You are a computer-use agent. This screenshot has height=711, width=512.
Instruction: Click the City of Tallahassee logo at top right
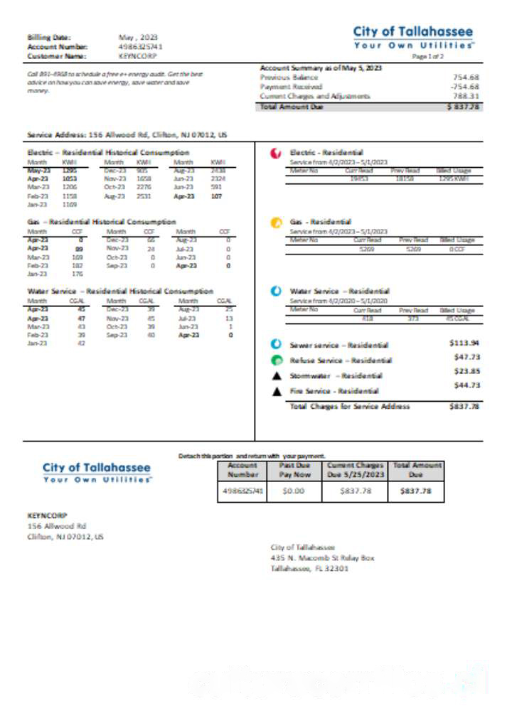pyautogui.click(x=412, y=37)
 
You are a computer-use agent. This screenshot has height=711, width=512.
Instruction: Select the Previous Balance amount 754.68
pyautogui.click(x=466, y=77)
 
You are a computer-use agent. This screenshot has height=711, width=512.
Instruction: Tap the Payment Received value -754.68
pyautogui.click(x=464, y=87)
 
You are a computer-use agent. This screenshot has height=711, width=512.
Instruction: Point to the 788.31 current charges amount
pyautogui.click(x=466, y=96)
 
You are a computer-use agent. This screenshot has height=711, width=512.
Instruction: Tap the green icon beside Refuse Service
pyautogui.click(x=277, y=360)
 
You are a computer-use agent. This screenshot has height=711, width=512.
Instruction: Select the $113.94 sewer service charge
pyautogui.click(x=465, y=343)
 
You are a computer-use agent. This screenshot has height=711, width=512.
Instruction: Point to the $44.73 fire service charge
pyautogui.click(x=466, y=385)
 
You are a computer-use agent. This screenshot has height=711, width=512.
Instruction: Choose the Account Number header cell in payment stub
pyautogui.click(x=242, y=469)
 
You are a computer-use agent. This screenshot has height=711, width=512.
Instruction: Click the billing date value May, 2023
pyautogui.click(x=138, y=37)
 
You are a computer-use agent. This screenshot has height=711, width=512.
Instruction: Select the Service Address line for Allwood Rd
pyautogui.click(x=127, y=134)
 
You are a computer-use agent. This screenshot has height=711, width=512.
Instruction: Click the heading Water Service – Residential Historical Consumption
pyautogui.click(x=120, y=291)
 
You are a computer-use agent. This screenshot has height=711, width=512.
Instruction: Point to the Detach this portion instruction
pyautogui.click(x=252, y=455)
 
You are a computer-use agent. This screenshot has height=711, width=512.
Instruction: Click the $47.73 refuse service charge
pyautogui.click(x=466, y=358)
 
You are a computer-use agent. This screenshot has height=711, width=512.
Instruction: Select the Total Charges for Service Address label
pyautogui.click(x=350, y=407)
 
